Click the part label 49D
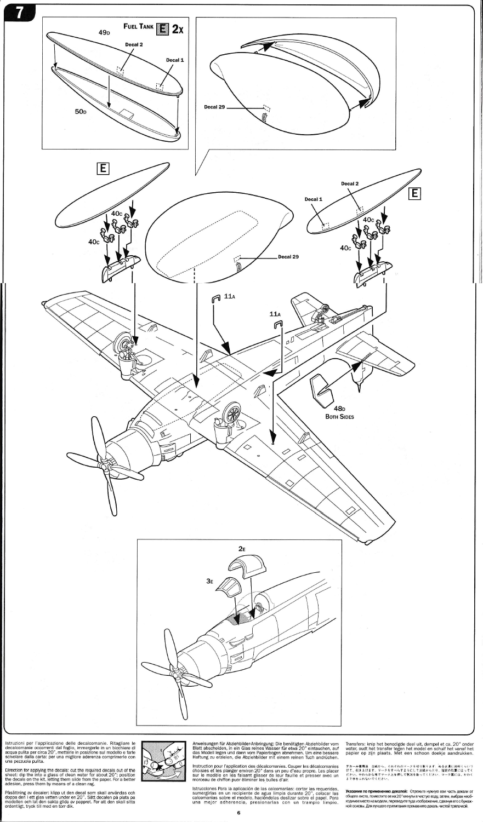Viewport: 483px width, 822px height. coord(104,33)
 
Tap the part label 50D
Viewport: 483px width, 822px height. coord(81,112)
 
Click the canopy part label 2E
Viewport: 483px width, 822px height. coord(242,548)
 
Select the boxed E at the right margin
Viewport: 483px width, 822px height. coord(414,193)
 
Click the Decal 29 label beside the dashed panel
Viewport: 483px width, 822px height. coord(288,257)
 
